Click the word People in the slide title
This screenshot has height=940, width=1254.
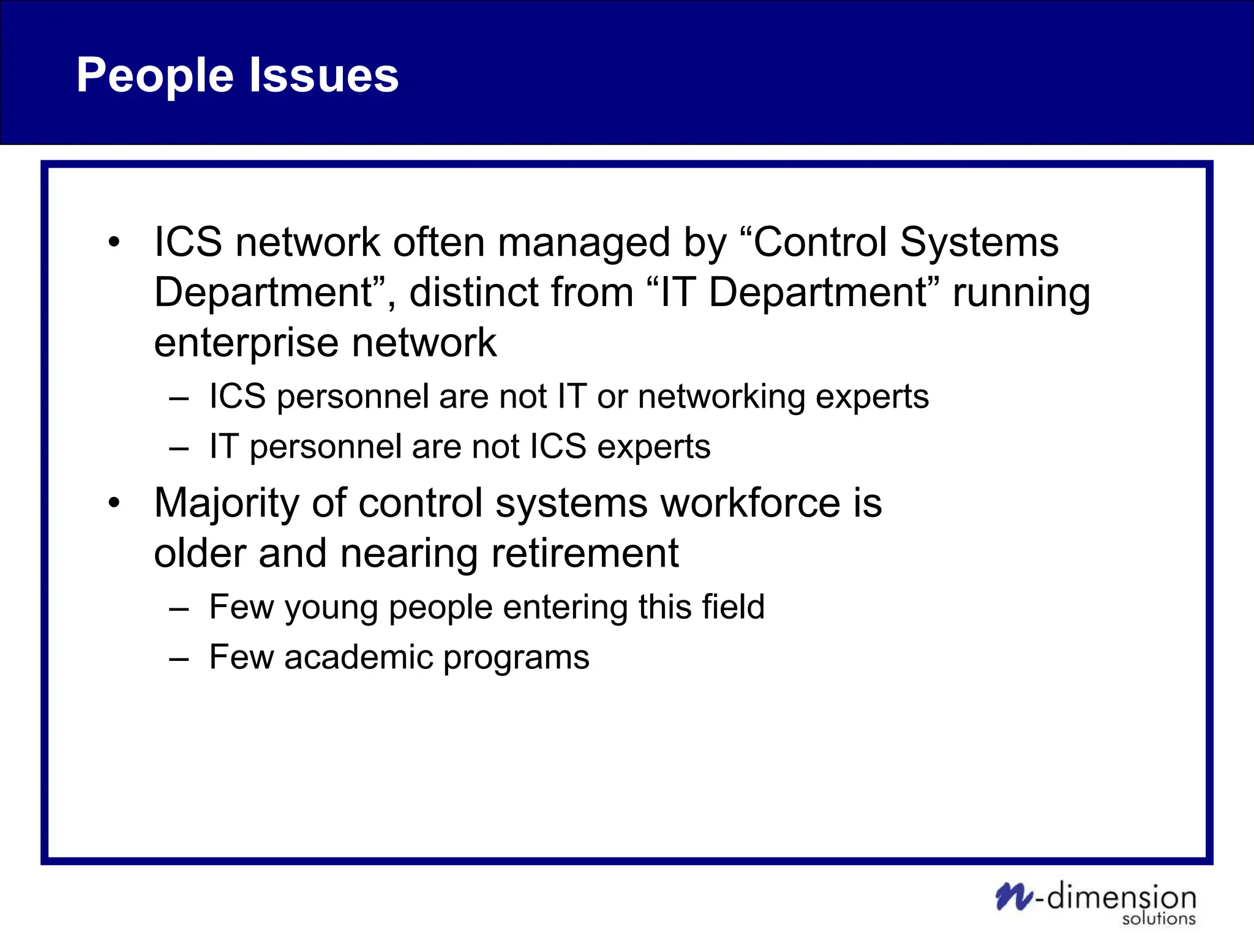coord(154,76)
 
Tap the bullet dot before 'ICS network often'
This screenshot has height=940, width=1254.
coord(114,243)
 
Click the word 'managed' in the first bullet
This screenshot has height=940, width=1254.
coord(584,243)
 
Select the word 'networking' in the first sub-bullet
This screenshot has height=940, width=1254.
coord(720,397)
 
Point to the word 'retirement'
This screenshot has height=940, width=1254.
coord(585,553)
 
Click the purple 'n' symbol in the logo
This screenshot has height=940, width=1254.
coord(1013,897)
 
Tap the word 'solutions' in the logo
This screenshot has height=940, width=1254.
coord(1158,919)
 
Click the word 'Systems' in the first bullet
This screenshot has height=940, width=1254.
coord(978,242)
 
